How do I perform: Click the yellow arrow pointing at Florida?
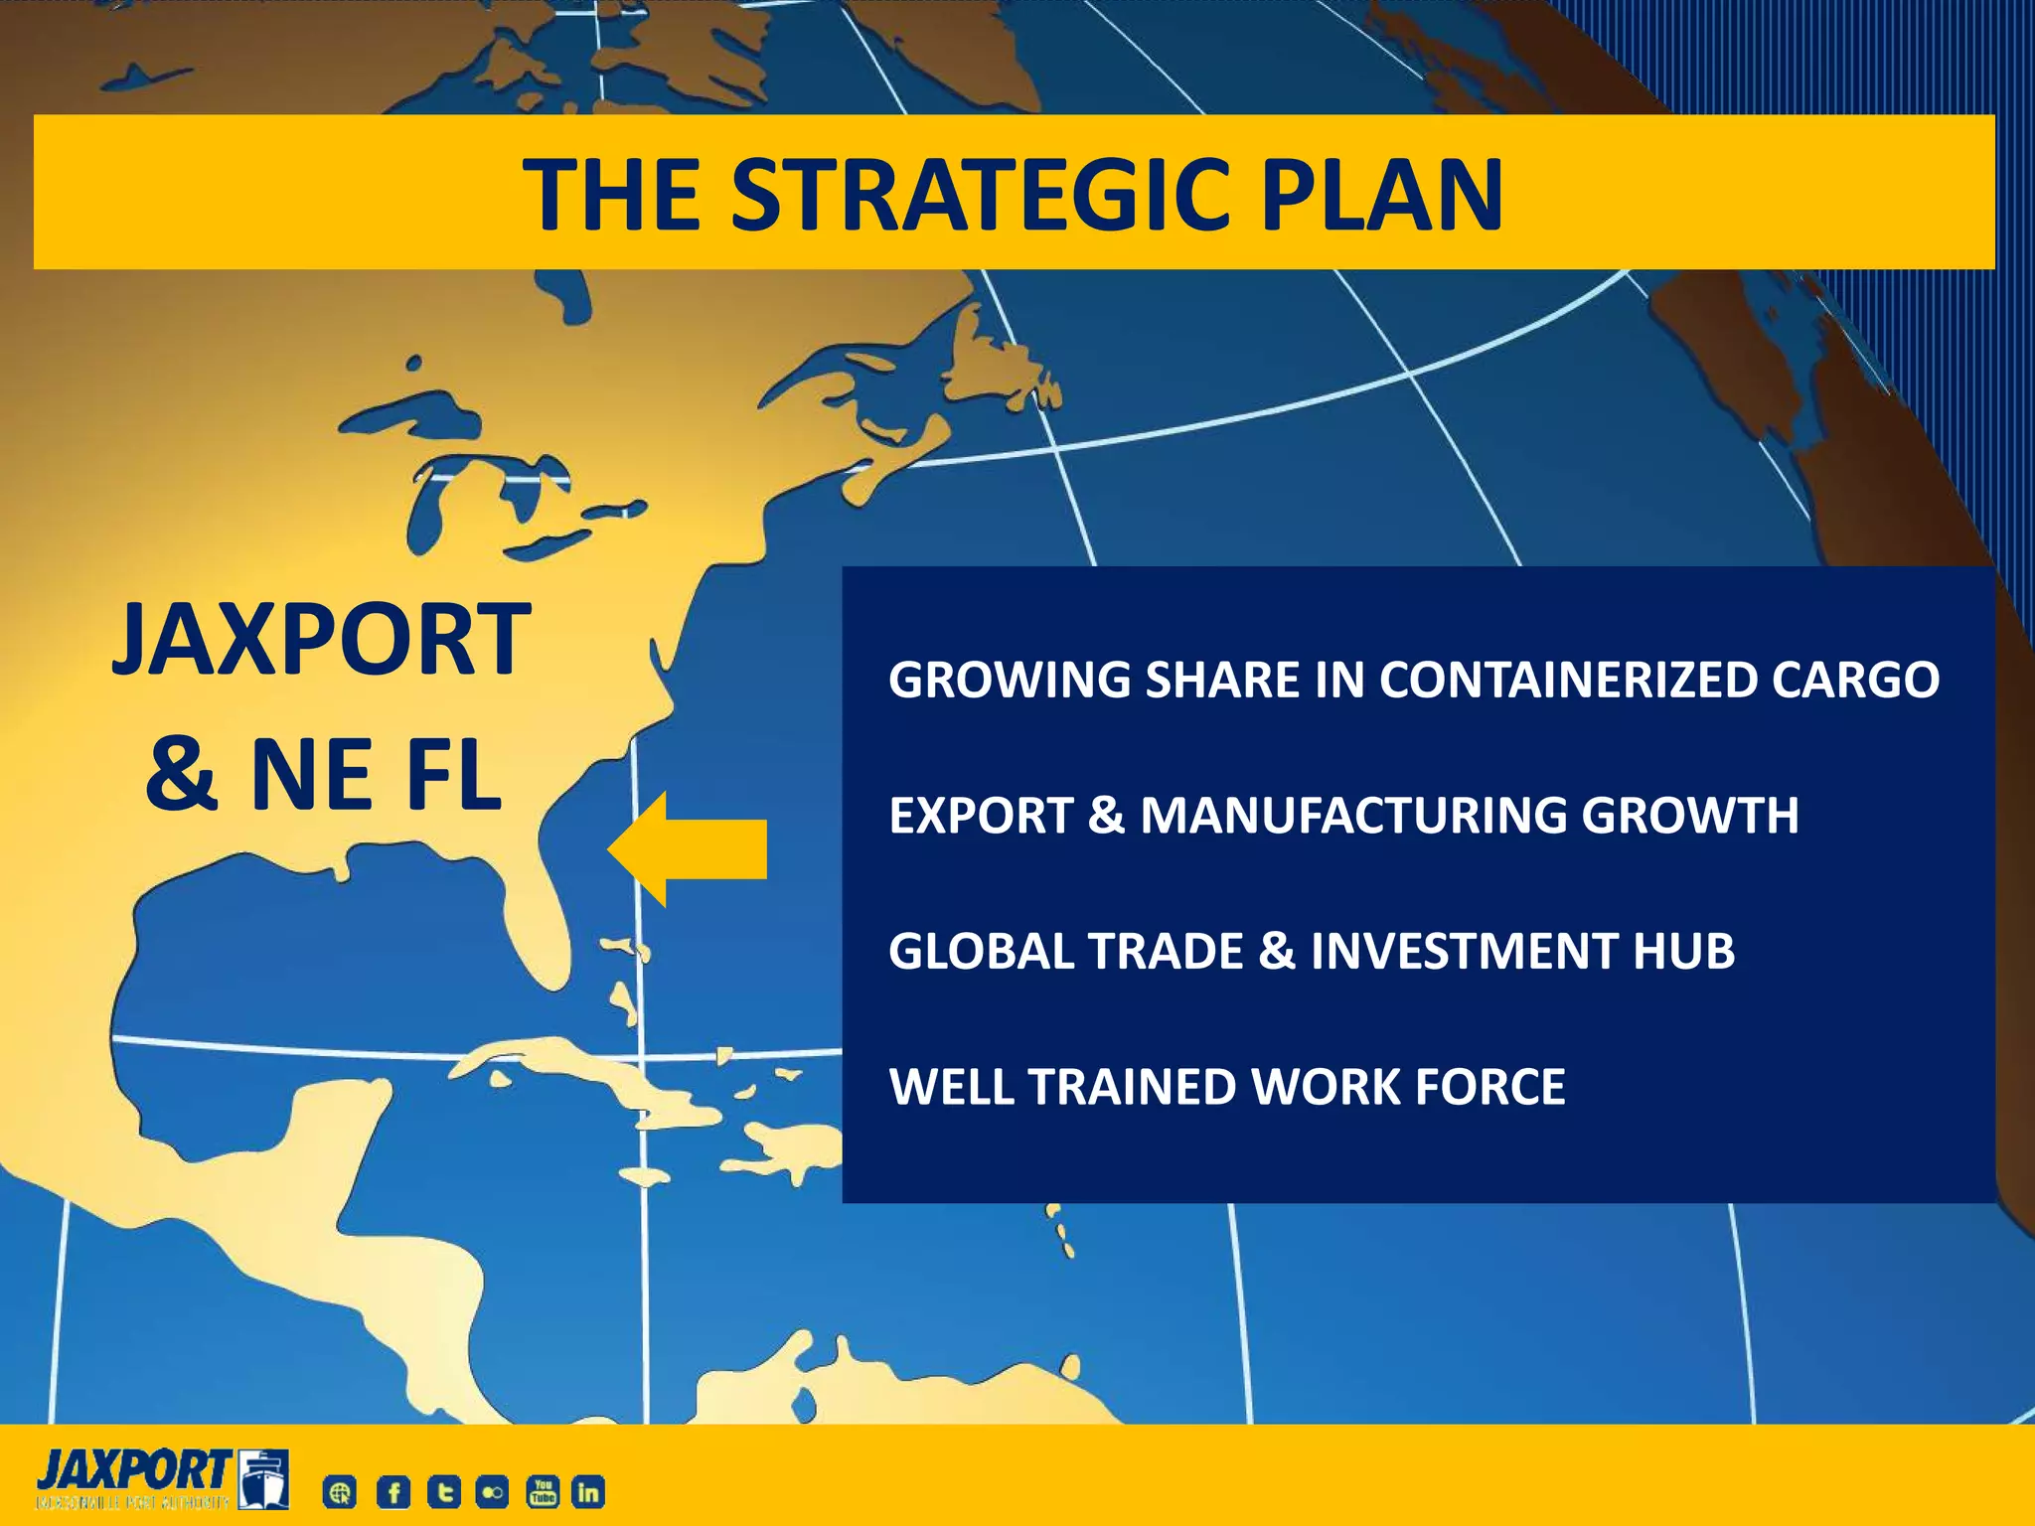pos(688,849)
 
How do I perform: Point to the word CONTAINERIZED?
pos(1567,681)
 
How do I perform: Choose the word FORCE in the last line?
pos(1490,1087)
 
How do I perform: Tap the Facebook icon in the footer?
pos(393,1492)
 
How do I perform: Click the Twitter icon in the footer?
pos(443,1492)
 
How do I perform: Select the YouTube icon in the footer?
pos(543,1492)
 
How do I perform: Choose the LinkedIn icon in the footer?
pos(588,1492)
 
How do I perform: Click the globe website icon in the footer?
pos(340,1492)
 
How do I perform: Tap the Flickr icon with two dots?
pos(493,1492)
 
